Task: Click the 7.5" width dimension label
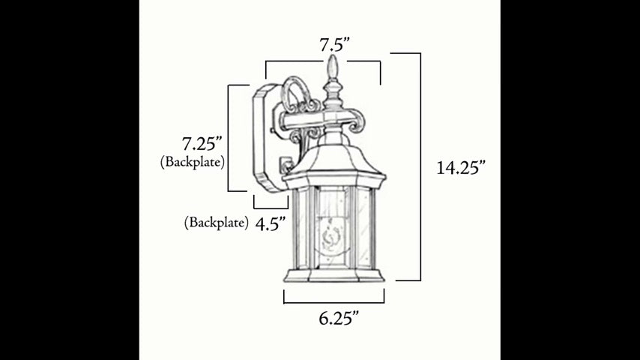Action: pyautogui.click(x=335, y=44)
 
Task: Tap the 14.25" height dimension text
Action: pyautogui.click(x=461, y=167)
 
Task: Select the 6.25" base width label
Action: pyautogui.click(x=339, y=318)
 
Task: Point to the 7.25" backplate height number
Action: pyautogui.click(x=202, y=144)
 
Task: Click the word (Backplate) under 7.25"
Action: pyautogui.click(x=193, y=162)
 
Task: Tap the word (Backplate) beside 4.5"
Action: pyautogui.click(x=217, y=223)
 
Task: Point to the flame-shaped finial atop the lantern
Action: pyautogui.click(x=333, y=67)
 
